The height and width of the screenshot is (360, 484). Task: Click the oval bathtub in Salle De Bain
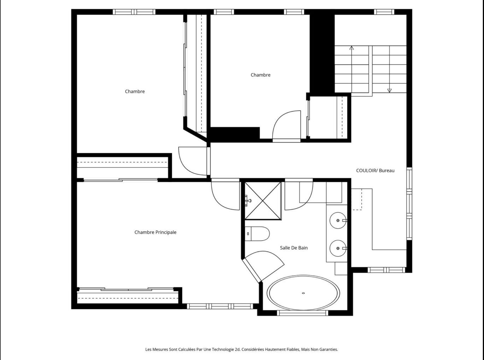click(x=303, y=293)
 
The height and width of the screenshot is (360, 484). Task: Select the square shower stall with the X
click(x=263, y=201)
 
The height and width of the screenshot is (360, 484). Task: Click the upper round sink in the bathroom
click(x=338, y=220)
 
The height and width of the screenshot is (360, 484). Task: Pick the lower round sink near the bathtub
click(x=338, y=248)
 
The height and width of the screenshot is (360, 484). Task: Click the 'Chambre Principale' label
click(x=155, y=232)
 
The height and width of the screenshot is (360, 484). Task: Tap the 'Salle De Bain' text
click(x=294, y=248)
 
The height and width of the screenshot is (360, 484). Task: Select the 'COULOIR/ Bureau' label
click(x=375, y=170)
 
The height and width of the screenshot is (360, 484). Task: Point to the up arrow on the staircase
click(x=352, y=48)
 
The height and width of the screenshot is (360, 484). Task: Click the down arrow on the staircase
click(x=389, y=90)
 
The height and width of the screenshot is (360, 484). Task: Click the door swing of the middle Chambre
click(x=286, y=125)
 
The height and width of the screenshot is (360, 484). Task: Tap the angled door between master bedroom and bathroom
click(x=263, y=265)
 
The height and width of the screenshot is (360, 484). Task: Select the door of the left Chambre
click(x=193, y=161)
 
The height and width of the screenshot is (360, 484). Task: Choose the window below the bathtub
click(x=302, y=313)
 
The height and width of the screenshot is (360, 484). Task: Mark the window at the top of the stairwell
click(x=384, y=12)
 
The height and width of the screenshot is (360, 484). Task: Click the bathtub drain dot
click(x=303, y=293)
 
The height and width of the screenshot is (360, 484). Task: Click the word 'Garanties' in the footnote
click(x=328, y=349)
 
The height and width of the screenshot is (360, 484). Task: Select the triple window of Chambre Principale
click(x=220, y=306)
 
